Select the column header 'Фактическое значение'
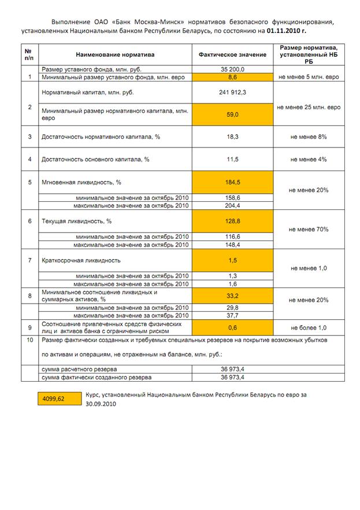point(232,54)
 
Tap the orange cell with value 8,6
point(232,76)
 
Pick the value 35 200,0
point(232,69)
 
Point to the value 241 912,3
point(232,92)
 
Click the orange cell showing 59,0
point(232,114)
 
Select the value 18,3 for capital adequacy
point(232,137)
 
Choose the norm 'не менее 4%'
point(309,159)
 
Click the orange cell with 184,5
point(232,182)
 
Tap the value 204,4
point(232,205)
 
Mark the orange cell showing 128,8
point(232,221)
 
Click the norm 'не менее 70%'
point(309,229)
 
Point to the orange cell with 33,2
point(232,295)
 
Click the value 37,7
point(232,315)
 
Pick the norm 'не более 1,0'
point(309,327)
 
